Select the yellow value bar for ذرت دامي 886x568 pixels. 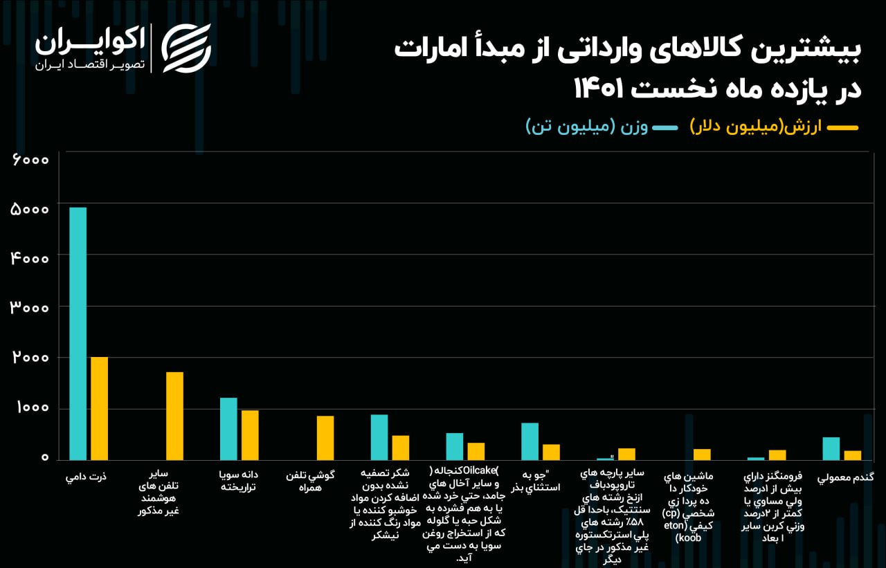pyautogui.click(x=100, y=408)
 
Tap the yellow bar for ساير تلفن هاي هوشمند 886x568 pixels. pyautogui.click(x=174, y=416)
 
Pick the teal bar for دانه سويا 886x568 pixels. pyautogui.click(x=228, y=429)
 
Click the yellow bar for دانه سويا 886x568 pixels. pyautogui.click(x=250, y=435)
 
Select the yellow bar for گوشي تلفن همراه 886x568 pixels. pyautogui.click(x=325, y=438)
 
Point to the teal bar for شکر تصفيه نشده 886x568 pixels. pyautogui.click(x=379, y=437)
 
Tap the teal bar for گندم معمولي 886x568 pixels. pyautogui.click(x=831, y=448)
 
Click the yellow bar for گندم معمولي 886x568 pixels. pyautogui.click(x=852, y=455)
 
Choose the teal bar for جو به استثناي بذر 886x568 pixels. pyautogui.click(x=530, y=441)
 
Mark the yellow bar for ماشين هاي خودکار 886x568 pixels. pyautogui.click(x=702, y=455)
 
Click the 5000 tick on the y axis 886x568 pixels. pyautogui.click(x=30, y=210)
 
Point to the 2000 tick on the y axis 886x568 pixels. pyautogui.click(x=30, y=358)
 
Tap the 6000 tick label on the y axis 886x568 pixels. pyautogui.click(x=30, y=159)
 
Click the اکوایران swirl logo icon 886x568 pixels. pyautogui.click(x=186, y=48)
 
